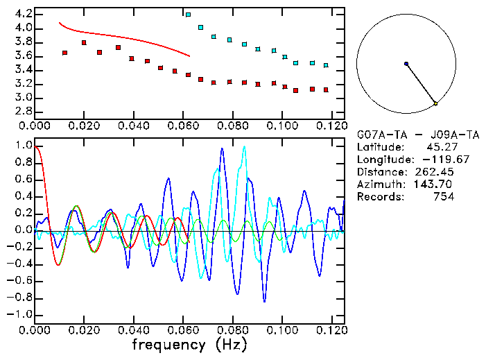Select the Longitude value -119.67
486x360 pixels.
coord(435,160)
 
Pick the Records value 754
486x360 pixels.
coord(443,197)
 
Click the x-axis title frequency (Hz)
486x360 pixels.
coord(189,344)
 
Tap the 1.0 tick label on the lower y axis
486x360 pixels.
coord(23,146)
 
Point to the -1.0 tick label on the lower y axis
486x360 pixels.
coord(20,314)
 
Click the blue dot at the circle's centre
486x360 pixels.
coord(406,64)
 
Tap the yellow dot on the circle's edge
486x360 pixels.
coord(435,103)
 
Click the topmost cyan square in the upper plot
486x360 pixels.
coord(189,15)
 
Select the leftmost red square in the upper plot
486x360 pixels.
coord(64,53)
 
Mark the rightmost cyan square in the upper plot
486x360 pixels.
coord(326,65)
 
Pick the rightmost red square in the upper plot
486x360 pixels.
coord(326,90)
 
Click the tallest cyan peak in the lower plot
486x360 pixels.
coord(244,146)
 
